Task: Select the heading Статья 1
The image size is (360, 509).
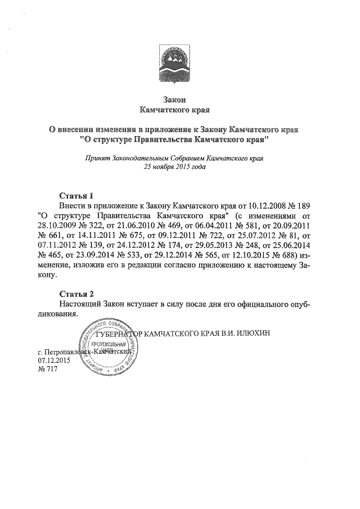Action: point(75,196)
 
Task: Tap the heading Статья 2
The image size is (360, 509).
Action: point(75,294)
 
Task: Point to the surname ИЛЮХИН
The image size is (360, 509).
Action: point(254,332)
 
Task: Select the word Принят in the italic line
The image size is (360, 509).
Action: point(93,159)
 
